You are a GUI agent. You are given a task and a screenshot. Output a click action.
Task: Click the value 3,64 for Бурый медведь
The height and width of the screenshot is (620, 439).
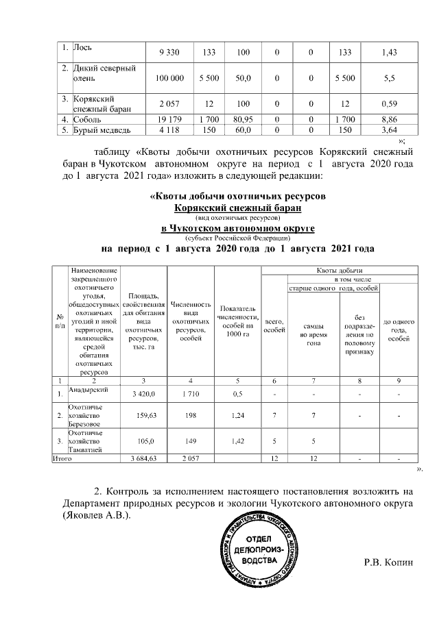(389, 129)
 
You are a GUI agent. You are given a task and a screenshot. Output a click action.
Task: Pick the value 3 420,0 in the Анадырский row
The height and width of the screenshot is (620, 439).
(143, 394)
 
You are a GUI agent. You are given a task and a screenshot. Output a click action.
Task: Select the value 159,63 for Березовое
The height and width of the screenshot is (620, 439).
(143, 414)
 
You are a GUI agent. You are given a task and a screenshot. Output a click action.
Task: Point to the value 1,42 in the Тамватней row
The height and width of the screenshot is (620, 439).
(239, 441)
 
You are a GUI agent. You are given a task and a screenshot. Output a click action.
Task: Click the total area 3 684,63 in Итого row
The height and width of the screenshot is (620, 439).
(143, 458)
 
